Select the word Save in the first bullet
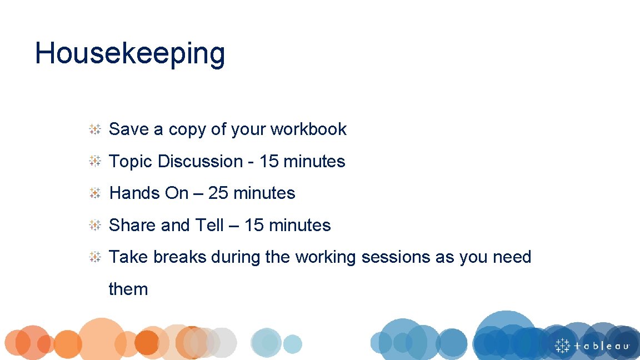pyautogui.click(x=129, y=129)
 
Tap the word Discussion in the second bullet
pyautogui.click(x=201, y=162)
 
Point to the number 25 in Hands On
pyautogui.click(x=218, y=193)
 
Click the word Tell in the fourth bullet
pyautogui.click(x=209, y=226)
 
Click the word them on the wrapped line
pyautogui.click(x=128, y=289)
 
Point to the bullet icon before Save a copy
pyautogui.click(x=95, y=129)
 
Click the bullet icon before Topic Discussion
pyautogui.click(x=95, y=162)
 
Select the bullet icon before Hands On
pyautogui.click(x=95, y=193)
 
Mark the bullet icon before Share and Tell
pyautogui.click(x=95, y=226)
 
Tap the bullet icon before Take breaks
pyautogui.click(x=95, y=257)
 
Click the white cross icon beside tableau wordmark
pyautogui.click(x=563, y=345)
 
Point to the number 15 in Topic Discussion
pyautogui.click(x=269, y=162)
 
